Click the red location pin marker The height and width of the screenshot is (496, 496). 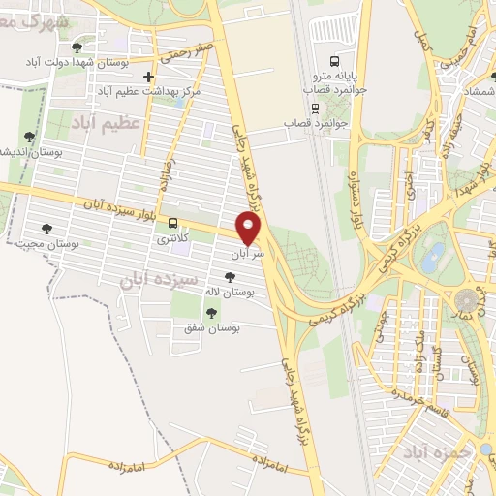(250, 228)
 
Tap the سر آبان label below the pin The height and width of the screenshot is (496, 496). (246, 255)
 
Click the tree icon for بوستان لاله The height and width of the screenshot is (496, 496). (229, 277)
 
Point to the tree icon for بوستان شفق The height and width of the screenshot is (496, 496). (211, 312)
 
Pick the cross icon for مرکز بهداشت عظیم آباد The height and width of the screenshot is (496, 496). (147, 77)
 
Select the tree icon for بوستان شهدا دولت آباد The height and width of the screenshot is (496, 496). (77, 47)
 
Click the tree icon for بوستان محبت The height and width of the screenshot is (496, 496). (46, 230)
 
